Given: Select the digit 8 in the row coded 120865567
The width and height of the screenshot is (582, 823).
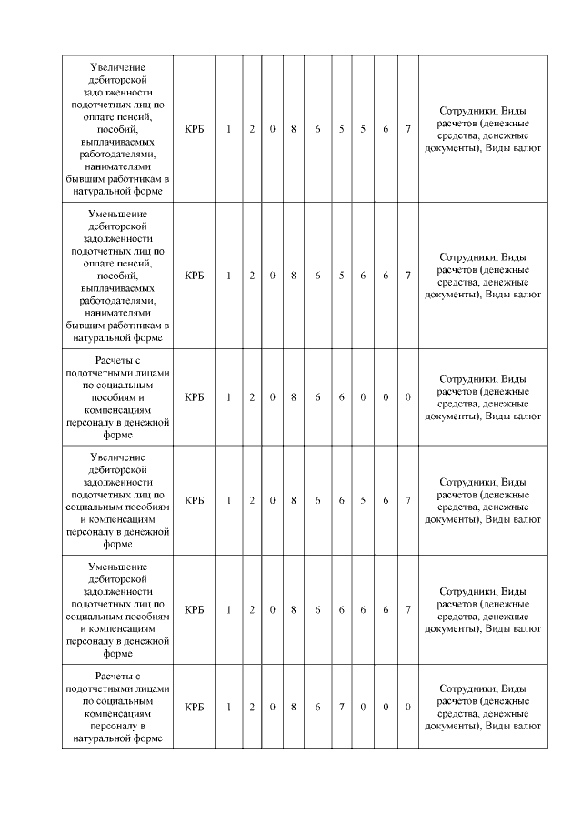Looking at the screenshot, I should (x=294, y=129).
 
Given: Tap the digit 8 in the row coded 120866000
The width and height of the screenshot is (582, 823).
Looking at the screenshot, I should (x=294, y=397).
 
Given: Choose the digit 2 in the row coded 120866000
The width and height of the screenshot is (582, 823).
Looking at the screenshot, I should (x=252, y=397).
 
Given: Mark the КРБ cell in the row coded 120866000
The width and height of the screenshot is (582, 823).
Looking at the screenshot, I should (x=194, y=397).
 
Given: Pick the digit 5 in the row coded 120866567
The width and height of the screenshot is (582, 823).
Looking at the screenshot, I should (x=363, y=500).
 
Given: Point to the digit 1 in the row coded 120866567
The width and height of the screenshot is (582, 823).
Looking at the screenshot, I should (x=229, y=500).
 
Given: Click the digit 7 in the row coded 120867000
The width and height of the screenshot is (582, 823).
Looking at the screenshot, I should (x=341, y=707).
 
